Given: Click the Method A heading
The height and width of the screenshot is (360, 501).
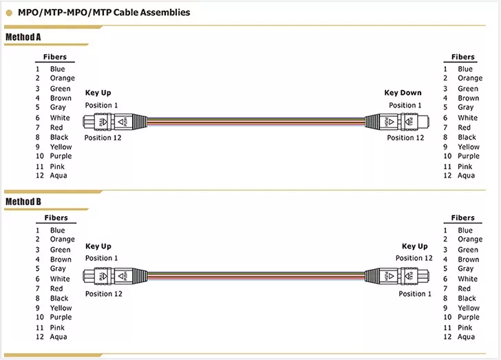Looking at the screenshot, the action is (23, 37).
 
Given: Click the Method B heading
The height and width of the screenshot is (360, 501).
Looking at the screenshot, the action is (23, 202).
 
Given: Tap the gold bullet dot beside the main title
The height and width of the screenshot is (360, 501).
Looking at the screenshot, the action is (9, 13).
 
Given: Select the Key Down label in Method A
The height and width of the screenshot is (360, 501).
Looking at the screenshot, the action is (403, 93).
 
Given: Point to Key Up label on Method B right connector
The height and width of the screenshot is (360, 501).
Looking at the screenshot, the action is (415, 246).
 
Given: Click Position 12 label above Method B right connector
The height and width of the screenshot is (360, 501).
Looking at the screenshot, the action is (414, 258).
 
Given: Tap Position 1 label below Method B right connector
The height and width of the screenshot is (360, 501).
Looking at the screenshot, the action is (415, 294).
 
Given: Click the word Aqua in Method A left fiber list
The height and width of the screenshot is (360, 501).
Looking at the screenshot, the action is (58, 176).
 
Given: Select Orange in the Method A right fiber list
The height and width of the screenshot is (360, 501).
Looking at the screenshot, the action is (470, 78).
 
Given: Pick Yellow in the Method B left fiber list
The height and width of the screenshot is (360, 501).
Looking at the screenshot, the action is (61, 308).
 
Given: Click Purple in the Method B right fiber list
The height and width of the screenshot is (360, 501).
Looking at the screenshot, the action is (469, 317).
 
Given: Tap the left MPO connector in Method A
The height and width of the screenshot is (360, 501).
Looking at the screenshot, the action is (116, 122).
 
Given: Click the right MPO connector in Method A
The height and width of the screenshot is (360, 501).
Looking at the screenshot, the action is (397, 122).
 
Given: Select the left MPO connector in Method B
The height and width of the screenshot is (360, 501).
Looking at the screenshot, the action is (116, 276).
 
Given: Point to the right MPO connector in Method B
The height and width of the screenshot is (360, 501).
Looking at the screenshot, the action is (397, 276).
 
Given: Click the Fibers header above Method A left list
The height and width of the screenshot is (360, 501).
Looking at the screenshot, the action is (55, 57).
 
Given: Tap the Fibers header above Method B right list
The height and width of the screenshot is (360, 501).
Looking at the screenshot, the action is (463, 218).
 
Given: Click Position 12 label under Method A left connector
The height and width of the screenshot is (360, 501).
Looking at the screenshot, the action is (103, 138).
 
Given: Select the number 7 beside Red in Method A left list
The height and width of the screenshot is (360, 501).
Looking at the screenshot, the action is (38, 127).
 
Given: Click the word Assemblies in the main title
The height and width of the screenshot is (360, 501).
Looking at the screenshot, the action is (165, 12).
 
